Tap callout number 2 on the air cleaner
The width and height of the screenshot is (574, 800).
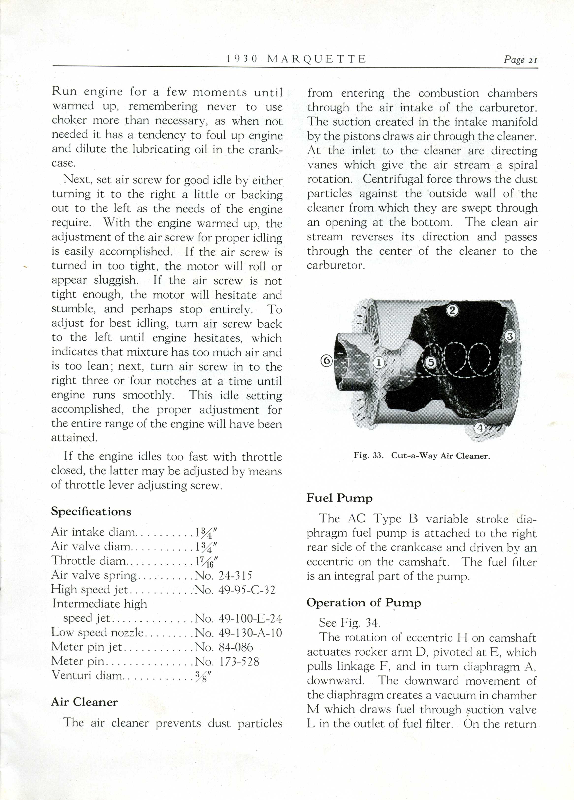[x=453, y=310]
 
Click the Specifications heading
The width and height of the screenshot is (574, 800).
[x=91, y=512]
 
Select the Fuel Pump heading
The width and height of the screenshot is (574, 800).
[x=340, y=498]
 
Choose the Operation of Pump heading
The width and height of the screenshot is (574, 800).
[x=364, y=603]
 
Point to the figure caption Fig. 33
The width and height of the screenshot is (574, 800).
[x=422, y=455]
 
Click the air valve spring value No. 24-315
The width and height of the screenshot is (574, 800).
[x=224, y=576]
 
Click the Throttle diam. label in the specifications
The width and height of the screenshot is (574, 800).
[x=89, y=561]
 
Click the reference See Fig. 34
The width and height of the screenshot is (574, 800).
[x=350, y=623]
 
